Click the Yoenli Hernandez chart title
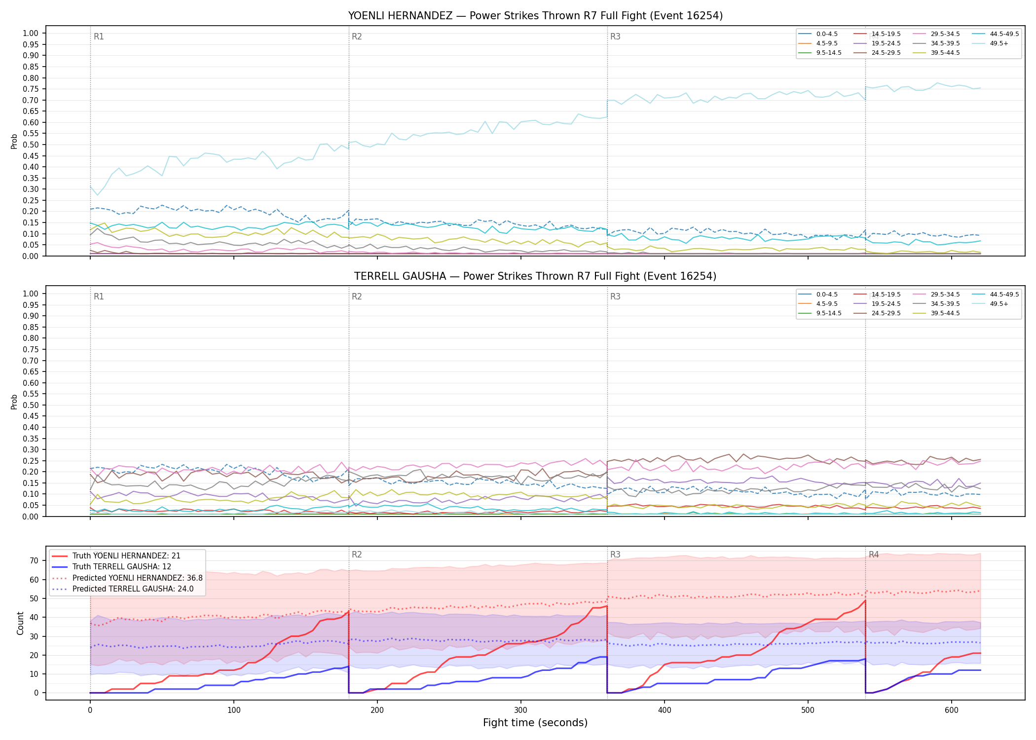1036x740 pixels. pyautogui.click(x=535, y=16)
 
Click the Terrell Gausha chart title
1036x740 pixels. pyautogui.click(x=535, y=276)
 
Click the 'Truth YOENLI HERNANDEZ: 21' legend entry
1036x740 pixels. pyautogui.click(x=116, y=556)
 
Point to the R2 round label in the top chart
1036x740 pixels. pyautogui.click(x=357, y=37)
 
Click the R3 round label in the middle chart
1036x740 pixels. pyautogui.click(x=615, y=296)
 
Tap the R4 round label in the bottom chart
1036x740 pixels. pyautogui.click(x=874, y=555)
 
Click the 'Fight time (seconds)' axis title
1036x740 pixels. pyautogui.click(x=535, y=723)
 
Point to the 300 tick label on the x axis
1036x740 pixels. pyautogui.click(x=521, y=710)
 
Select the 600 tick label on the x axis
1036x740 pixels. pyautogui.click(x=952, y=710)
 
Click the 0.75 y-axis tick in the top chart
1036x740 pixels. pyautogui.click(x=31, y=89)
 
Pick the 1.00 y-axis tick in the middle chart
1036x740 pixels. pyautogui.click(x=31, y=294)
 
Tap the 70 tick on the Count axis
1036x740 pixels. pyautogui.click(x=34, y=560)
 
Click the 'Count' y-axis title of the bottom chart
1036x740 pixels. pyautogui.click(x=20, y=623)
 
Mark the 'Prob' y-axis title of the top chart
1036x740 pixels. pyautogui.click(x=14, y=141)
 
